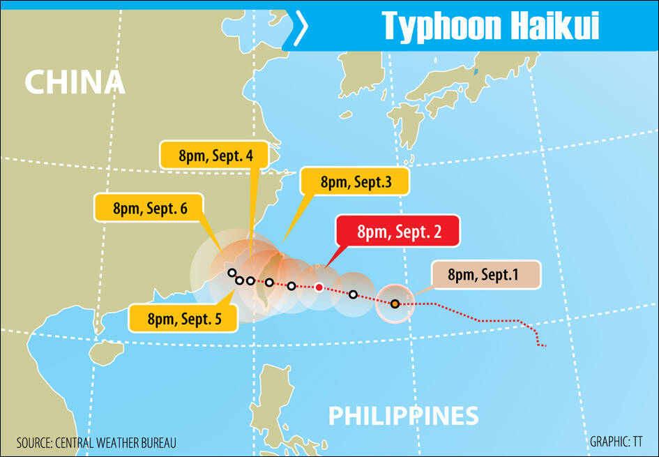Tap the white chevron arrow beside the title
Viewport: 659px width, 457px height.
click(300, 28)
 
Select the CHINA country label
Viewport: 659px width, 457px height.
click(75, 82)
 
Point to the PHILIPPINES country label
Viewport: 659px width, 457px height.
click(403, 417)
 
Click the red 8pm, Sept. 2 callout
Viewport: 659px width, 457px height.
click(398, 232)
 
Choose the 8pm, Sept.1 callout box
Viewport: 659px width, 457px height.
click(485, 275)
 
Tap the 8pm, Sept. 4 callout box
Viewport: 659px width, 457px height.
click(214, 156)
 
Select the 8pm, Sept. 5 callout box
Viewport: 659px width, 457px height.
click(183, 319)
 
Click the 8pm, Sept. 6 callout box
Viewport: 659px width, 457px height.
click(149, 207)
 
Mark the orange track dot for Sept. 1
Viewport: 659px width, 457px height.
click(395, 304)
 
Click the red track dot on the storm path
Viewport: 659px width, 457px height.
click(319, 287)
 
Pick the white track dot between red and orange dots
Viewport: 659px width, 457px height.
click(354, 294)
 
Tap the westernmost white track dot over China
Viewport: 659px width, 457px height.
click(232, 273)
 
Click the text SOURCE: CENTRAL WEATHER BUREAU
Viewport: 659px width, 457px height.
click(96, 442)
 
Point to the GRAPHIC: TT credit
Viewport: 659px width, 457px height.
click(616, 442)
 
